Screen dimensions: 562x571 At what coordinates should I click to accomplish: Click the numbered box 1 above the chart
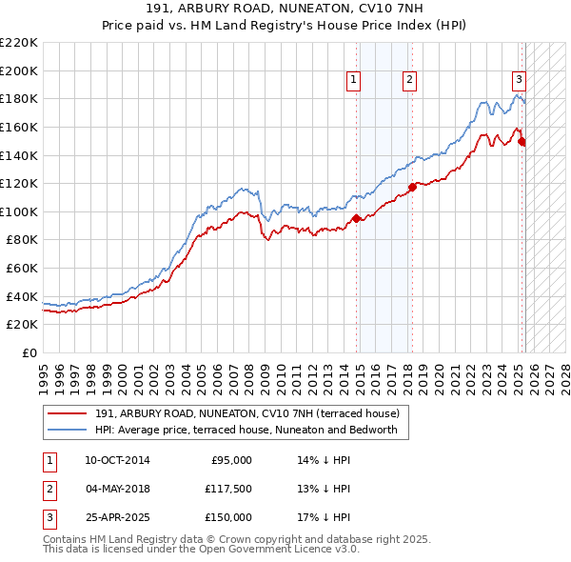coord(353,81)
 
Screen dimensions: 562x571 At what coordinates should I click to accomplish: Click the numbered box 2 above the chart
coord(409,81)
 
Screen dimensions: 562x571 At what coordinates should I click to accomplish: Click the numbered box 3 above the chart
coord(519,81)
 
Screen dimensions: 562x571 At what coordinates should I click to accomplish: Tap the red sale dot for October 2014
coord(356,218)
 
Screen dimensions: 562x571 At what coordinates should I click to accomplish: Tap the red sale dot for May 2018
coord(412,187)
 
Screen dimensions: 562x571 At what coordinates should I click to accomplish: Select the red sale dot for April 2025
coord(522,141)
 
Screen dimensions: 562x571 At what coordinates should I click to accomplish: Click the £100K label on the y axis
coord(19,211)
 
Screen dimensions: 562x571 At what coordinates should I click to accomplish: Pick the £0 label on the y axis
coord(29,352)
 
